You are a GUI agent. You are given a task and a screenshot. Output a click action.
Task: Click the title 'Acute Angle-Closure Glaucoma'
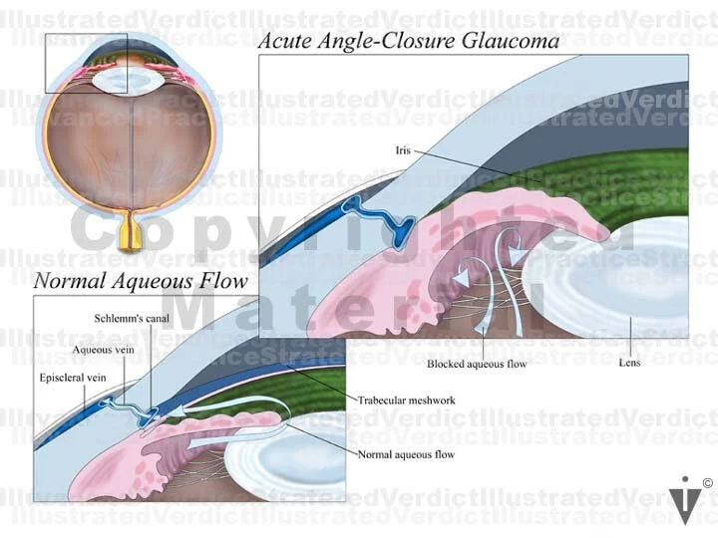(408, 41)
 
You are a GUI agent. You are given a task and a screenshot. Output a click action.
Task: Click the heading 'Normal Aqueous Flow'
(140, 280)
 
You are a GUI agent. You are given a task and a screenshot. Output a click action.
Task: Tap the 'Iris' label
(403, 151)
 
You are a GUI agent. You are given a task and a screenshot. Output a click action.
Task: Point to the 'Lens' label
(629, 363)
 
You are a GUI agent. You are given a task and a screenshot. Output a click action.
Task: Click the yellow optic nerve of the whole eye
(131, 235)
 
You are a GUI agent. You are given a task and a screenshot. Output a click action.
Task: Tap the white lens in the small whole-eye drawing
(133, 79)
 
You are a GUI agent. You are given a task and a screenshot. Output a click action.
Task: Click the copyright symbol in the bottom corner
(707, 484)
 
